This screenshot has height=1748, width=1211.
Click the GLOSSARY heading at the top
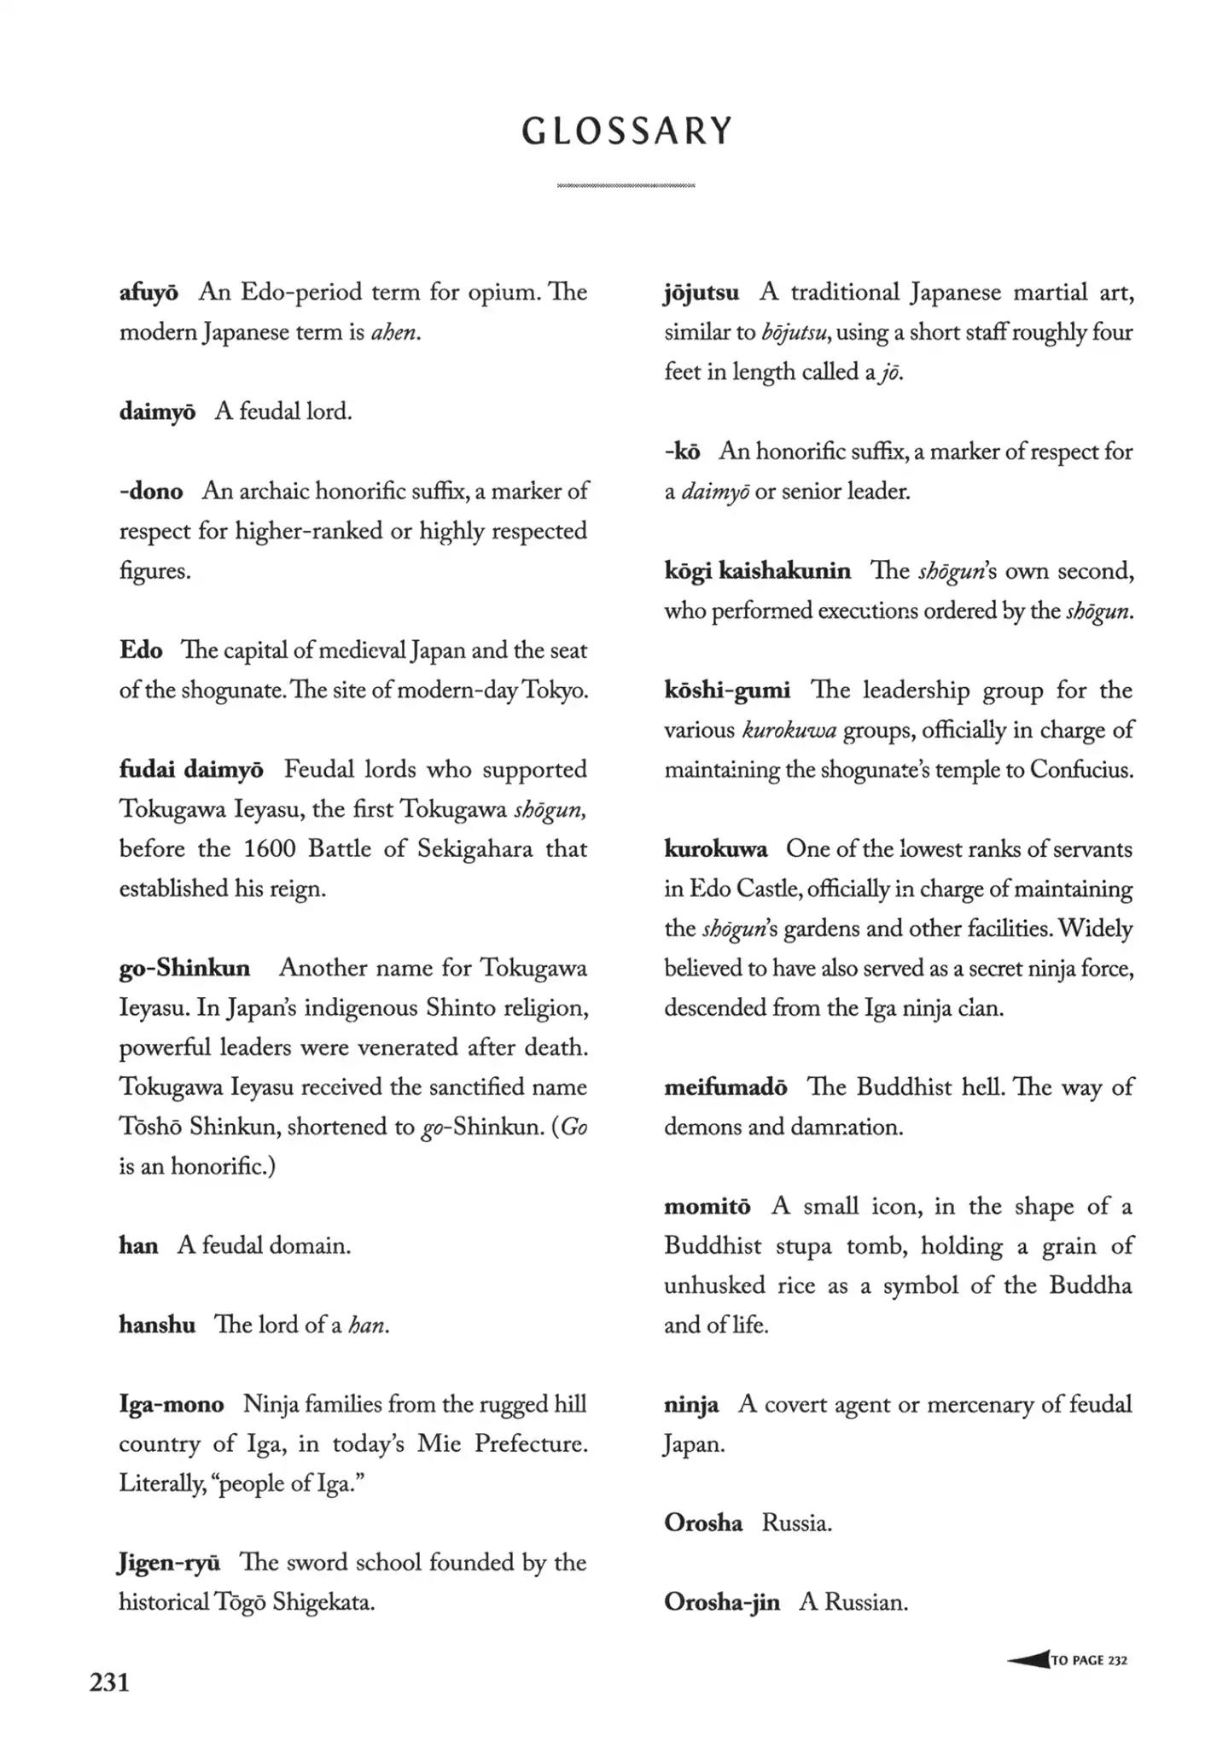[x=627, y=131]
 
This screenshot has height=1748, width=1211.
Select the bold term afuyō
[x=148, y=293]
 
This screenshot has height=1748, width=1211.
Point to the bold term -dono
[x=151, y=492]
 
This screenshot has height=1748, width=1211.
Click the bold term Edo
[x=141, y=650]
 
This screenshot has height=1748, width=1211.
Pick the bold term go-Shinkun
[x=184, y=968]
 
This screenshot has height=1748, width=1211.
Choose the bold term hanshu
[x=157, y=1325]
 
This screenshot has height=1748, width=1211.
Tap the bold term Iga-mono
[x=172, y=1404]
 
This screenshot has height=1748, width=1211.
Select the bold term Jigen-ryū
[x=169, y=1563]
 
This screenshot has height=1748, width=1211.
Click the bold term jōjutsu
[x=702, y=293]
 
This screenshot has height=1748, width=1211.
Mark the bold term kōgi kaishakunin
[x=757, y=571]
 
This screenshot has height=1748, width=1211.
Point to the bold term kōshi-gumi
[x=727, y=690]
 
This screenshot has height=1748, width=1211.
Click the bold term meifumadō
[x=725, y=1087]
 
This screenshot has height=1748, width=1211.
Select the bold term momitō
[x=707, y=1206]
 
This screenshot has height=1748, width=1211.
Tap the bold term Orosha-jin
[x=721, y=1602]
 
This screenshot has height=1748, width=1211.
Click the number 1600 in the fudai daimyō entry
[x=270, y=849]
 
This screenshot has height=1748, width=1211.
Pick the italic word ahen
[x=395, y=332]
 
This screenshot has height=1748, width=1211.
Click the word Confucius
[x=1081, y=770]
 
